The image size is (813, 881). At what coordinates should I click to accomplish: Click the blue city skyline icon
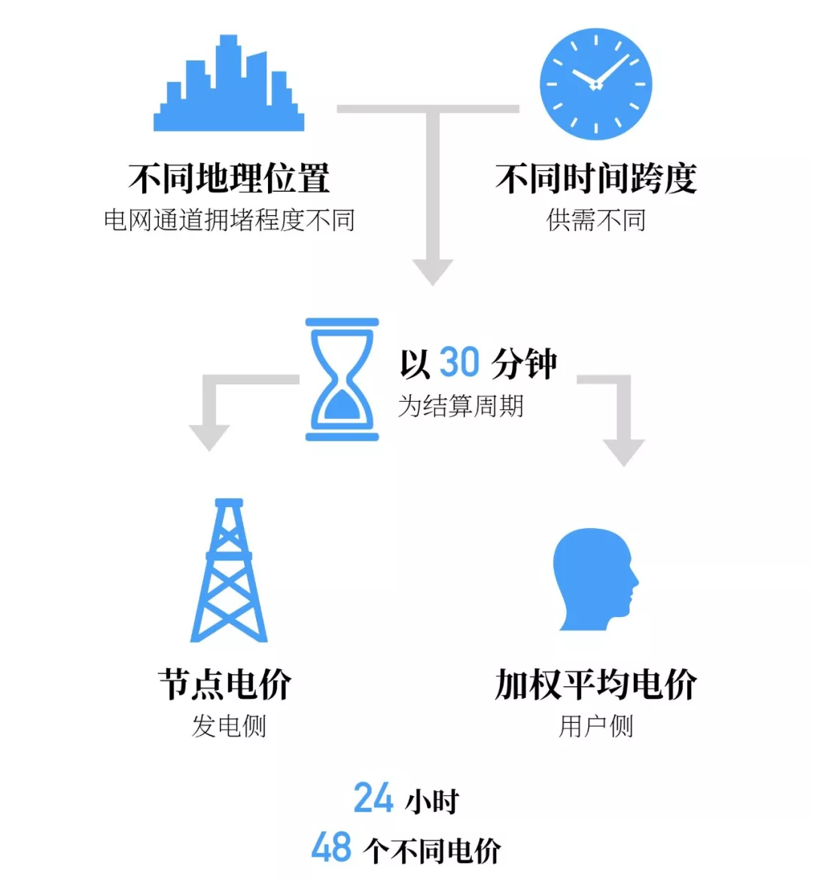click(x=229, y=84)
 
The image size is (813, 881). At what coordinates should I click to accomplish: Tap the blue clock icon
click(x=595, y=84)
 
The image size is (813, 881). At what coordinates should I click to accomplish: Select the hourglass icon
click(x=342, y=379)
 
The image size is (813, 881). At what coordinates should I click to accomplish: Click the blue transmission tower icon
click(x=229, y=570)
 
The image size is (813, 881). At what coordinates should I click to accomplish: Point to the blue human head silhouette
click(x=595, y=579)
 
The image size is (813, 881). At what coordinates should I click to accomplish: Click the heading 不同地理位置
click(x=229, y=178)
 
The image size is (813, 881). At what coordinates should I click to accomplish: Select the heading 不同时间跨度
click(x=595, y=178)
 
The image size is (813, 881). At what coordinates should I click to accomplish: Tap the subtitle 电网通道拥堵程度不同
click(x=229, y=220)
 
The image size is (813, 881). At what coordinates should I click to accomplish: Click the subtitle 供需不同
click(x=595, y=220)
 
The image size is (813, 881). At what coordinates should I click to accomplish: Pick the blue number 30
click(x=459, y=363)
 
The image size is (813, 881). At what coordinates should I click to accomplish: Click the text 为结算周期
click(x=461, y=406)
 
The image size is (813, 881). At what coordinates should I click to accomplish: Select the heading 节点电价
click(x=225, y=685)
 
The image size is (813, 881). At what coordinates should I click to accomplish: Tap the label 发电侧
click(x=229, y=726)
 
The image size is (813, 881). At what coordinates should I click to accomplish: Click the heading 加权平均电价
click(x=595, y=685)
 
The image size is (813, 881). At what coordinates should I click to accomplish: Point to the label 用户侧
click(x=595, y=726)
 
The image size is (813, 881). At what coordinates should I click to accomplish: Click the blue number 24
click(x=373, y=798)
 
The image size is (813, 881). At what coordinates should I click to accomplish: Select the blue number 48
click(x=331, y=848)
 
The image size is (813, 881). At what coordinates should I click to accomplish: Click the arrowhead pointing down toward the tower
click(x=209, y=437)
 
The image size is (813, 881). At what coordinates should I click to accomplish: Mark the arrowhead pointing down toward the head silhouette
click(x=623, y=452)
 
